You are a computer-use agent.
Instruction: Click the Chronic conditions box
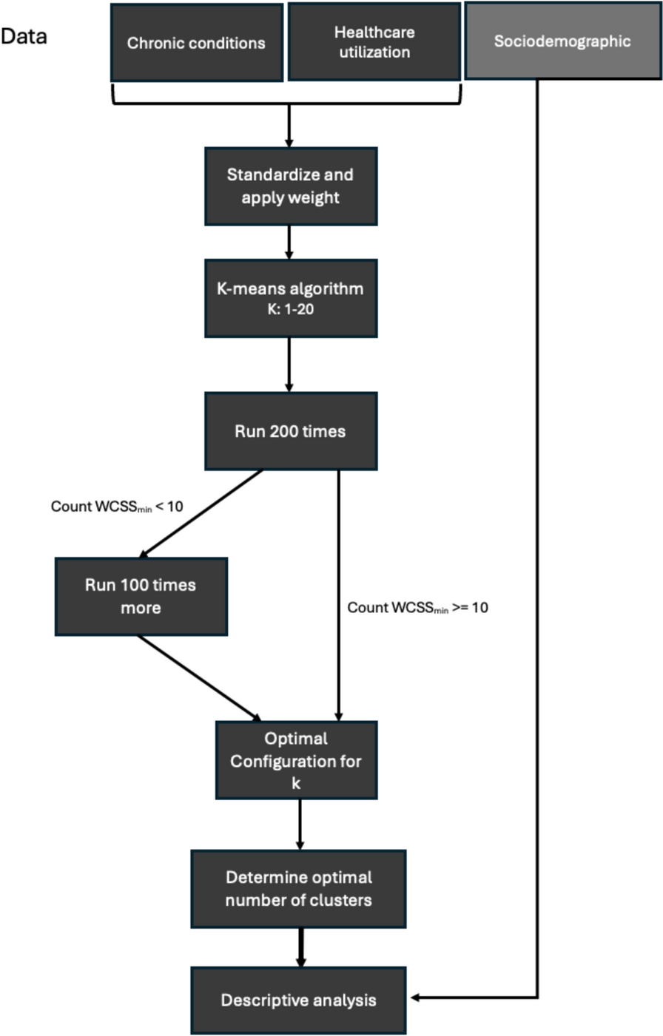click(196, 43)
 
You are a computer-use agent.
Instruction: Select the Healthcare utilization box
click(374, 42)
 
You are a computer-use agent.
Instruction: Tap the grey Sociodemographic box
click(562, 41)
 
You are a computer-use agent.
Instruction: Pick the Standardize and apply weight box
click(290, 186)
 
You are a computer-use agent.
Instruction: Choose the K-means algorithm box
click(290, 298)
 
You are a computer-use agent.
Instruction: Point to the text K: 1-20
click(290, 309)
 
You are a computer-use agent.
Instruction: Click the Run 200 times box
click(290, 431)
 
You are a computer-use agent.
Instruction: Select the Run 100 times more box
click(141, 596)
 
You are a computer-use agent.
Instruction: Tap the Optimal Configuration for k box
click(296, 760)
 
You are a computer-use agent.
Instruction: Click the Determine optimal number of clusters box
click(298, 889)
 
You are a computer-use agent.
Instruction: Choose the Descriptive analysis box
click(298, 1001)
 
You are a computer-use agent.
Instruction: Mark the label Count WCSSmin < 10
click(117, 507)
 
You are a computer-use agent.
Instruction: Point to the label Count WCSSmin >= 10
click(417, 608)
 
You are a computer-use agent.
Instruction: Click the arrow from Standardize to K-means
click(289, 242)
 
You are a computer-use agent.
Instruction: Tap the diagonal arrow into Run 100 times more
click(200, 514)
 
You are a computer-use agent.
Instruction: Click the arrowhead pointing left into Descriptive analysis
click(416, 998)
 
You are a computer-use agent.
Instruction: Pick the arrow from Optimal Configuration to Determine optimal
click(300, 824)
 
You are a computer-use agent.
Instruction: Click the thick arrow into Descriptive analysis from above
click(300, 947)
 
